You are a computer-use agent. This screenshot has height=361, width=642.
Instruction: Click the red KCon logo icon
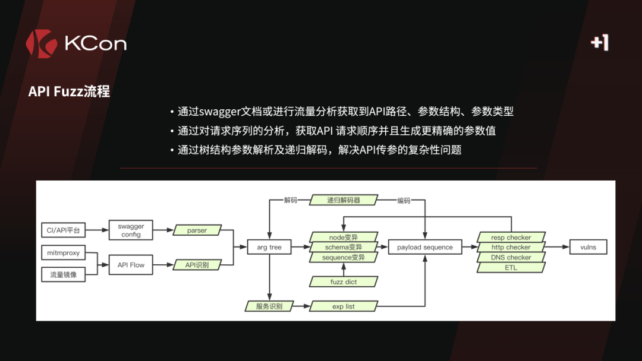[x=41, y=43]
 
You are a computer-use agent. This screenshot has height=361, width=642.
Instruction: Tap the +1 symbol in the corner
[x=600, y=42]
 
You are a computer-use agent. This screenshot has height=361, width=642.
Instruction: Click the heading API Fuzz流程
[x=69, y=91]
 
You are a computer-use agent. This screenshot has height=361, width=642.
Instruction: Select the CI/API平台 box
[x=63, y=230]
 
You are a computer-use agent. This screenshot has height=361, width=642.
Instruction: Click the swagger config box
[x=131, y=230]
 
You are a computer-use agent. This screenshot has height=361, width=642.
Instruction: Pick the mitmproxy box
[x=63, y=254]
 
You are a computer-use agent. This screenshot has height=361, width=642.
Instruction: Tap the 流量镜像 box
[x=63, y=275]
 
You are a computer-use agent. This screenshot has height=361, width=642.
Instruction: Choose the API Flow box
[x=131, y=265]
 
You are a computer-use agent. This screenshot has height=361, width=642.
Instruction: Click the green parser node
[x=197, y=230]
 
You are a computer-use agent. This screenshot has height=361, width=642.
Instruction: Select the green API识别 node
[x=197, y=265]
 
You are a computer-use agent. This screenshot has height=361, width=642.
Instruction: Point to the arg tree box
[x=269, y=247]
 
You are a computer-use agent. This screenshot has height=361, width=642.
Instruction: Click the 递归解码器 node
[x=344, y=200]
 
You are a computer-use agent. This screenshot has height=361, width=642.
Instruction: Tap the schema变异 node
[x=344, y=247]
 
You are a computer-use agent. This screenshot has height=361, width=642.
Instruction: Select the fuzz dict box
[x=344, y=281]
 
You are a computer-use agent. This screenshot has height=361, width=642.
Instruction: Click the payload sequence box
[x=425, y=247]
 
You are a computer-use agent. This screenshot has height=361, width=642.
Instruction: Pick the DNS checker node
[x=511, y=257]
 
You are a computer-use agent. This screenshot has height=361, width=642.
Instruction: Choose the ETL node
[x=511, y=267]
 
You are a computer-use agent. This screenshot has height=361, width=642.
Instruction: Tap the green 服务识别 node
[x=269, y=306]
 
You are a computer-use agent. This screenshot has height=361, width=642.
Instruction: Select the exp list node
[x=344, y=306]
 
